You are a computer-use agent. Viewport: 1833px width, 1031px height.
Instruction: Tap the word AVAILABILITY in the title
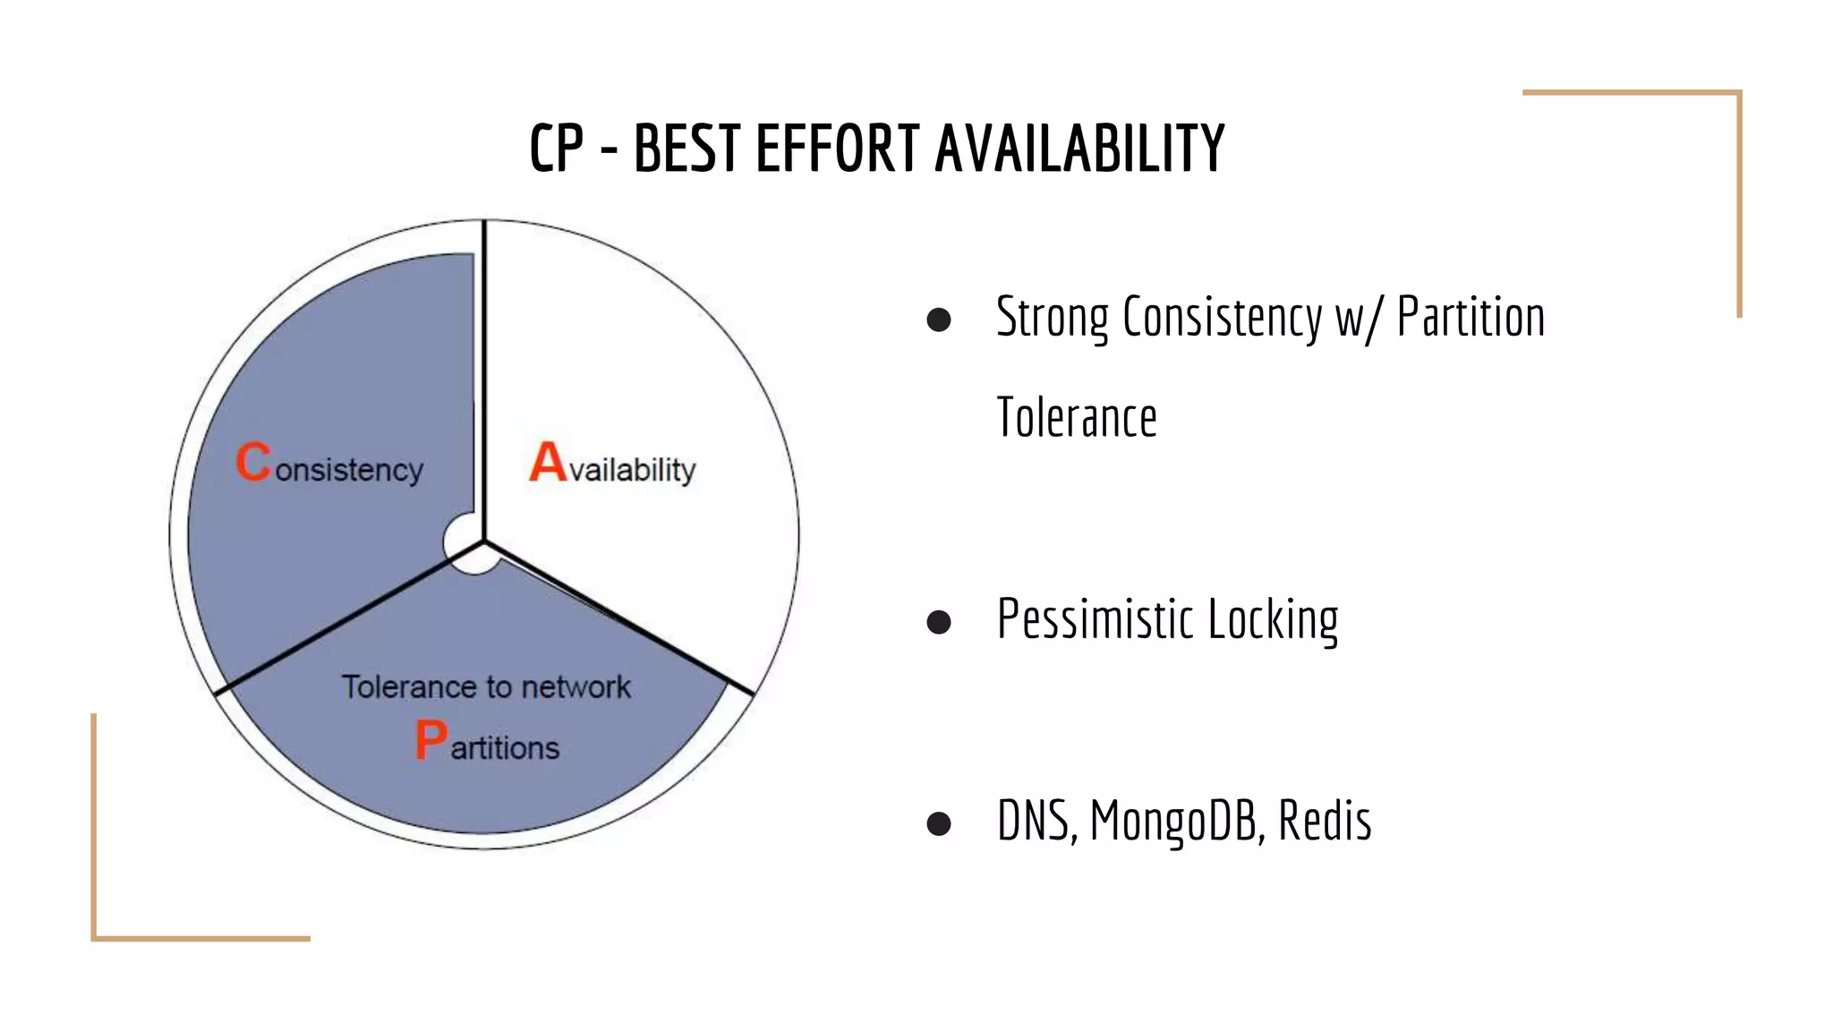tap(1079, 149)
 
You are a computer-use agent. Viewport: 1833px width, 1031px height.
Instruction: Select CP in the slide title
tap(556, 149)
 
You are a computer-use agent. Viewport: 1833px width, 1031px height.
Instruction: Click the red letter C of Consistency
tap(253, 463)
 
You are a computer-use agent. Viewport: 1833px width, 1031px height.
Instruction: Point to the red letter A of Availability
tap(548, 463)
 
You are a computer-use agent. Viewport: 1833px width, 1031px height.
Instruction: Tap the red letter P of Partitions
tap(431, 740)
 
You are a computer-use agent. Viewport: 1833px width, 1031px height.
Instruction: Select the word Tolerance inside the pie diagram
tap(407, 687)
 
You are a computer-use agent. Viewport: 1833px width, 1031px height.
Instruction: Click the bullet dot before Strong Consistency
tap(939, 320)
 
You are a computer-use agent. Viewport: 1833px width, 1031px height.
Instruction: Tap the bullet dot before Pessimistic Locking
tap(939, 621)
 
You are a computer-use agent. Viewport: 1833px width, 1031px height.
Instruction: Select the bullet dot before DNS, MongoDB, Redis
tap(939, 822)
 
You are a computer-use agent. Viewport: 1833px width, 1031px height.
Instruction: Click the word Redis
tap(1325, 821)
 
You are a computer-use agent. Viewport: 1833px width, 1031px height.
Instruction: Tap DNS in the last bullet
tap(1036, 821)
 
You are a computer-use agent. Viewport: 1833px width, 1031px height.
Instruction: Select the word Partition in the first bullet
tap(1471, 318)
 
